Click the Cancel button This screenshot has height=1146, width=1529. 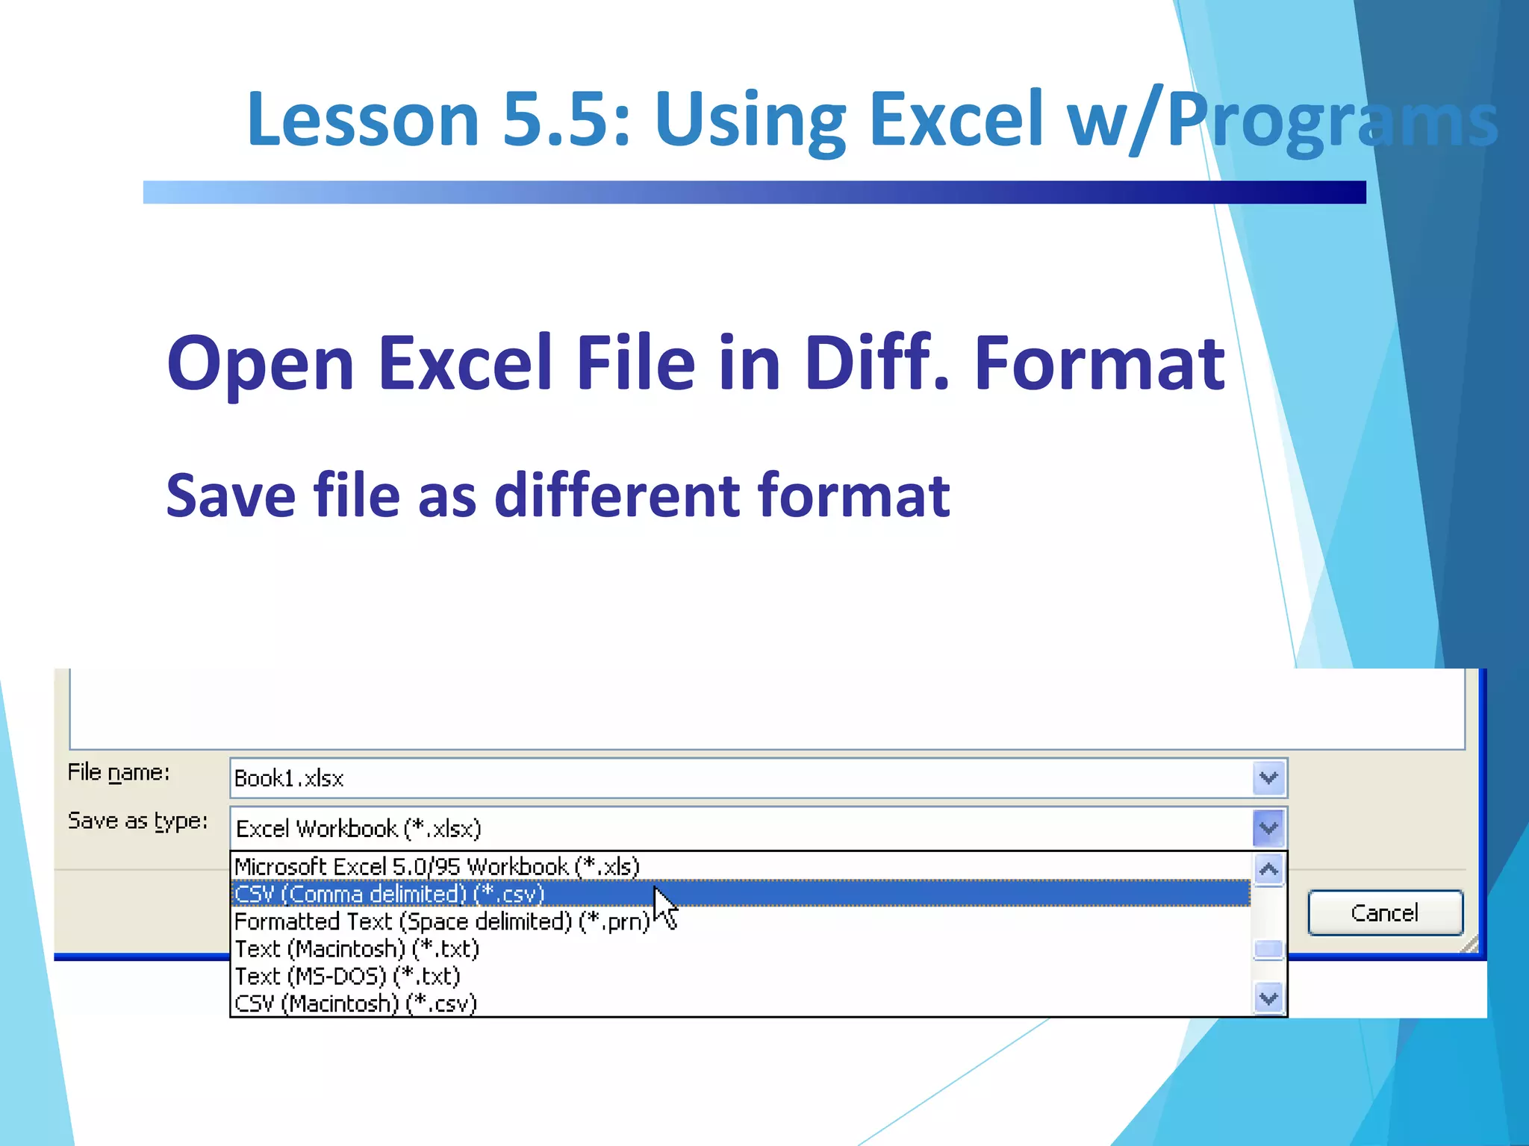pos(1385,912)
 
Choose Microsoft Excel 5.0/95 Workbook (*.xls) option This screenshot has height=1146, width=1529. pos(437,866)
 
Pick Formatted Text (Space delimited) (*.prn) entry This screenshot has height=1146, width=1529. pos(442,921)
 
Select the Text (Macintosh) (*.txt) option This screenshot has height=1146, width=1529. pos(357,949)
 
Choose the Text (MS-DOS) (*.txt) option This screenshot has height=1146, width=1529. pos(348,976)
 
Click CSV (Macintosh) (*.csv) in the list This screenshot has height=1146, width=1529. pos(356,1003)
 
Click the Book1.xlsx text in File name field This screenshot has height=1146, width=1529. pos(289,778)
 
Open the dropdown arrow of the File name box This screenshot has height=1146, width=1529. pos(1268,778)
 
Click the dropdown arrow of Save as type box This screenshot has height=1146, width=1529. pos(1268,827)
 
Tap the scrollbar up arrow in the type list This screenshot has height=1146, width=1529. pos(1268,869)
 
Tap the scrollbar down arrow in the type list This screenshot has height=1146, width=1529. pos(1268,998)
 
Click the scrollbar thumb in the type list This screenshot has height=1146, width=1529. pos(1268,950)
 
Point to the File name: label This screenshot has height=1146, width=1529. pos(119,772)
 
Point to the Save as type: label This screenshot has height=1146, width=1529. pos(138,821)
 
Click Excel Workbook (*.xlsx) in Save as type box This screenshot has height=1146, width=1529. pos(359,828)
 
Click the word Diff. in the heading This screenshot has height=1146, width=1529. pos(876,363)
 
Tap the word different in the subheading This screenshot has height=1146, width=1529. pos(617,495)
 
